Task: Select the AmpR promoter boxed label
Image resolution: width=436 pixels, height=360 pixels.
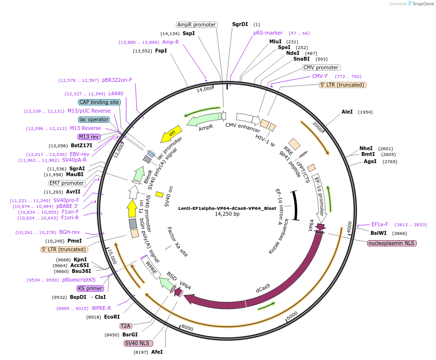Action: click(x=196, y=25)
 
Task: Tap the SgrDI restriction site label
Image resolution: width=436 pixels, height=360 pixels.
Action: click(x=240, y=24)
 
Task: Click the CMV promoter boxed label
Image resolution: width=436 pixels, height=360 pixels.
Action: click(x=321, y=67)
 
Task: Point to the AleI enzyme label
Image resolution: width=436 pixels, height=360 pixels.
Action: click(x=347, y=112)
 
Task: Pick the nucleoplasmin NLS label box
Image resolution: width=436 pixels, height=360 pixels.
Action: click(x=392, y=243)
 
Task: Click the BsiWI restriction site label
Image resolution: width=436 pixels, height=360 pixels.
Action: click(x=378, y=233)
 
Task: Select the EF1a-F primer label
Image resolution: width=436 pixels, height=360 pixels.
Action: click(x=380, y=224)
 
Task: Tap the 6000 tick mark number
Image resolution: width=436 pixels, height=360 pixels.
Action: click(x=292, y=316)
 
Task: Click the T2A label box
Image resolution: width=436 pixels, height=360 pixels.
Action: click(x=126, y=326)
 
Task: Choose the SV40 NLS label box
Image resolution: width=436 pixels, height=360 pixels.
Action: click(x=138, y=343)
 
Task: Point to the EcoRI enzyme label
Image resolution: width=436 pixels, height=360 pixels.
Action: click(x=112, y=317)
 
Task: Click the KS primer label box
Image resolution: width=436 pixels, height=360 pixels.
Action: click(x=90, y=288)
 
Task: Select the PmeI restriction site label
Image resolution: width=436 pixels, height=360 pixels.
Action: click(x=74, y=241)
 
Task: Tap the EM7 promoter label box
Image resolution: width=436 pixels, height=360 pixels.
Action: click(x=67, y=183)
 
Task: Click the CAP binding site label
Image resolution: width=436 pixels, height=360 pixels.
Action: click(x=99, y=102)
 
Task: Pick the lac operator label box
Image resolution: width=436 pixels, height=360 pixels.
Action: click(x=94, y=119)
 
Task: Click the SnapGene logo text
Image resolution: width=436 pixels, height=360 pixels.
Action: click(x=420, y=4)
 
